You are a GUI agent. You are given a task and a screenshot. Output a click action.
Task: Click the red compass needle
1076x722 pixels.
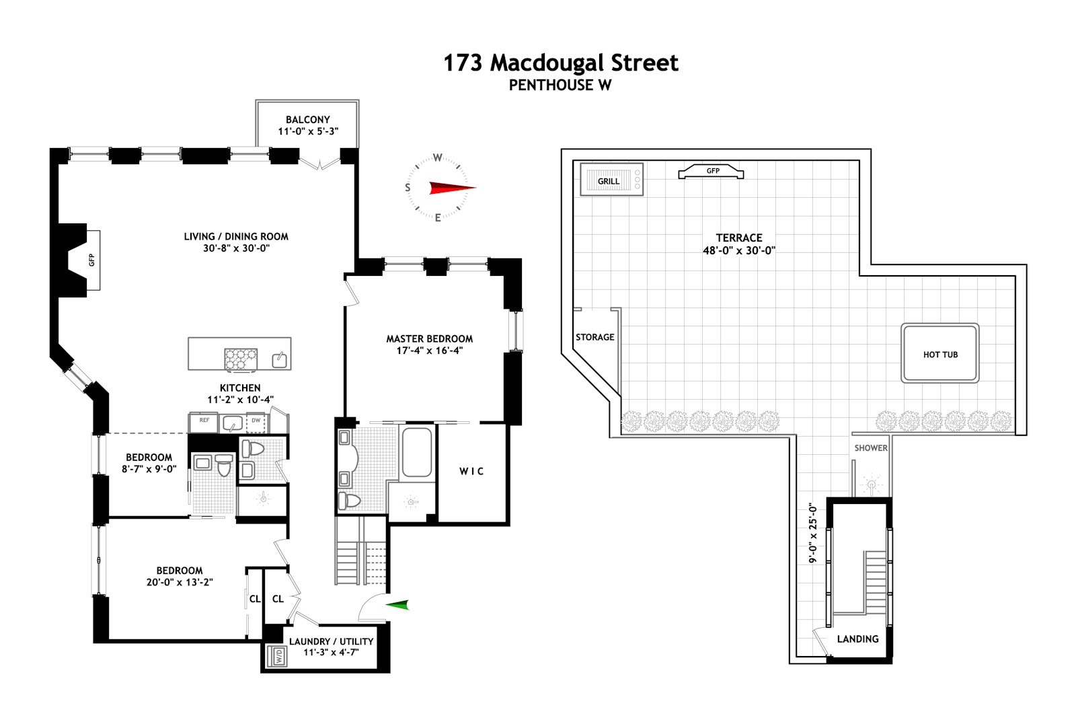click(x=449, y=188)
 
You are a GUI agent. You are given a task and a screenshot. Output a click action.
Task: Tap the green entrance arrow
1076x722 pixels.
click(x=397, y=605)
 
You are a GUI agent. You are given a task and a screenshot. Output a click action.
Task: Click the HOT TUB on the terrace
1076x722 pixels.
click(x=940, y=354)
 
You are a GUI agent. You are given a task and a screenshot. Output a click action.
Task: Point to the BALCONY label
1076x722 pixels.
click(x=308, y=119)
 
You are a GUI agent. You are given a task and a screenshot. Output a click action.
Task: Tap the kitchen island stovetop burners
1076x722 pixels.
click(x=241, y=359)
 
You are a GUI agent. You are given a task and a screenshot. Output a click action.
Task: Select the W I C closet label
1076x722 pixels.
click(x=471, y=471)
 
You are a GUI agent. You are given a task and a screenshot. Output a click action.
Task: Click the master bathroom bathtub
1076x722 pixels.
click(x=417, y=452)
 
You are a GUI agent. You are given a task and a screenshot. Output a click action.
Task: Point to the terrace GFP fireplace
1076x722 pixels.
click(x=712, y=172)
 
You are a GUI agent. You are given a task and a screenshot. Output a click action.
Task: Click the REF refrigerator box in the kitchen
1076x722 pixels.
click(x=204, y=421)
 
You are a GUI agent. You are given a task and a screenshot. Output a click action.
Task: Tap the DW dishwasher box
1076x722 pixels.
click(x=256, y=421)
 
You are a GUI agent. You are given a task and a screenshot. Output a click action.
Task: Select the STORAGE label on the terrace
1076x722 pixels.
click(x=594, y=337)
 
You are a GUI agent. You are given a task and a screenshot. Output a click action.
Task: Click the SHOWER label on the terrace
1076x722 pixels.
click(x=870, y=448)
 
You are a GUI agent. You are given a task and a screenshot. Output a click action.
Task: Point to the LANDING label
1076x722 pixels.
click(x=857, y=639)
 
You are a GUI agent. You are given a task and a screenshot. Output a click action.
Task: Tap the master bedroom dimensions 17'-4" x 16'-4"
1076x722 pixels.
click(x=429, y=351)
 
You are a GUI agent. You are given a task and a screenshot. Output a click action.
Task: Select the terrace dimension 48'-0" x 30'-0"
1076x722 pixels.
click(x=738, y=250)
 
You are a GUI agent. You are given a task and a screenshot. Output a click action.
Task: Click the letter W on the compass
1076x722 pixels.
click(x=437, y=158)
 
